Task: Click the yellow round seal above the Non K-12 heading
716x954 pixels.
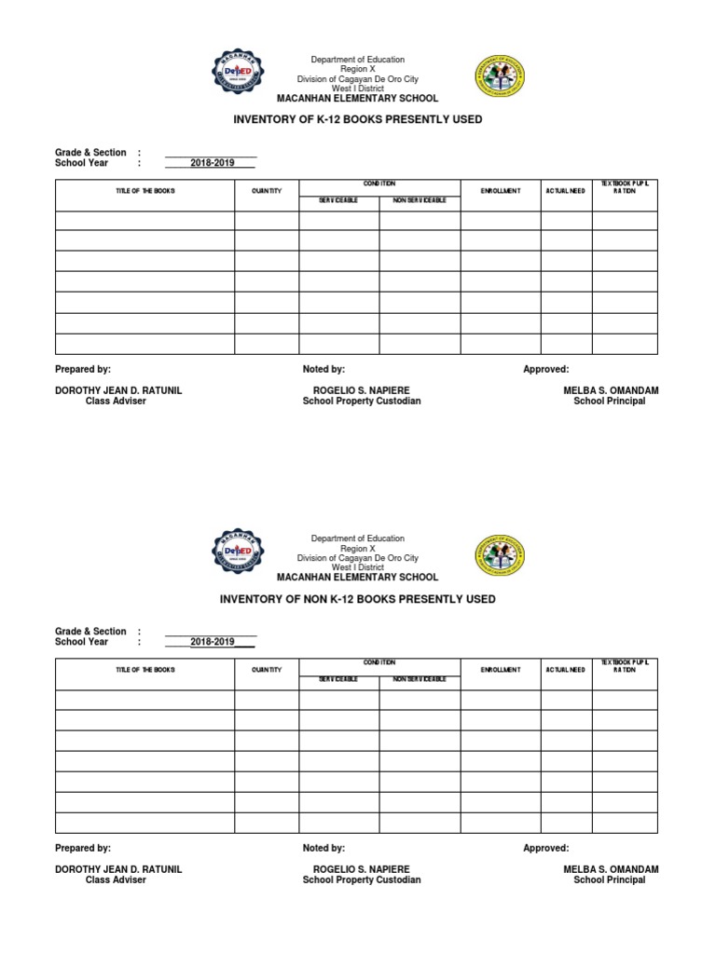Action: (500, 560)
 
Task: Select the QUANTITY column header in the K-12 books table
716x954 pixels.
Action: (266, 191)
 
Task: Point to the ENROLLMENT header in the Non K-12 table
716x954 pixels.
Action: (500, 670)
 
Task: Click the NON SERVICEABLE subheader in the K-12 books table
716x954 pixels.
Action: (420, 200)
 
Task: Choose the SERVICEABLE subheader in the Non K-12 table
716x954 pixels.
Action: (338, 679)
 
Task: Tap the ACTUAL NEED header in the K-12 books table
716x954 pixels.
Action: (566, 191)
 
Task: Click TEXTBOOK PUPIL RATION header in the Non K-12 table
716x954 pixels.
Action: (625, 665)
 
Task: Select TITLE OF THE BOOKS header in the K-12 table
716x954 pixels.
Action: (145, 191)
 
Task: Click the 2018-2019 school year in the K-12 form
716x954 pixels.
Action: (212, 163)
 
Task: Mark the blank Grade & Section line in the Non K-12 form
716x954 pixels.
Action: (211, 632)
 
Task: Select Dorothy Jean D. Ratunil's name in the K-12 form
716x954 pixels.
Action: (118, 390)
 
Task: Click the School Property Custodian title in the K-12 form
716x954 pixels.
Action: (362, 402)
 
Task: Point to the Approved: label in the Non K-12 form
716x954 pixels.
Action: (545, 849)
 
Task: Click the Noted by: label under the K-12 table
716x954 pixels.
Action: (324, 370)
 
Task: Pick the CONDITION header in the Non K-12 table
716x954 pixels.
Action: (379, 662)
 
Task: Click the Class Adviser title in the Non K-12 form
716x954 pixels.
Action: (116, 880)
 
